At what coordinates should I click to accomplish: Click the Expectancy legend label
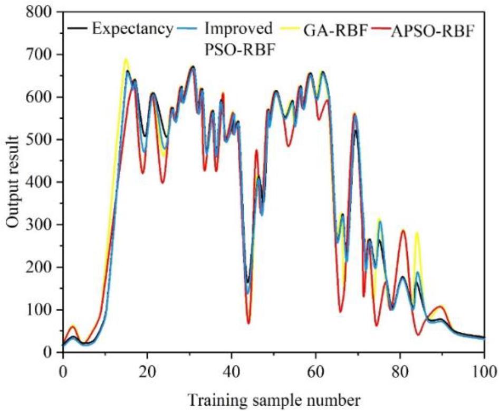pos(132,28)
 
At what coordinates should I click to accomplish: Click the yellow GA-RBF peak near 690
pos(126,59)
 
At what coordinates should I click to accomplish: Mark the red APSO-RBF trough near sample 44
pos(248,323)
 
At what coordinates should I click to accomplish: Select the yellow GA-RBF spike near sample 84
pos(417,233)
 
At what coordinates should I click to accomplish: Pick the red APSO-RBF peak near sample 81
pos(404,230)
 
